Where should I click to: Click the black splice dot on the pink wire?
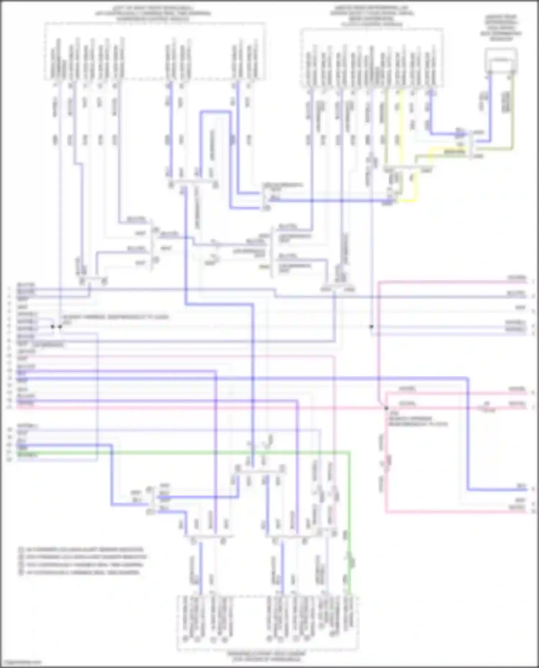pos(386,408)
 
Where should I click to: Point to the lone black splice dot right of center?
pos(372,327)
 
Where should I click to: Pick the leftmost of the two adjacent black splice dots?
pos(52,327)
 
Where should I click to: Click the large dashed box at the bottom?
pos(268,623)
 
